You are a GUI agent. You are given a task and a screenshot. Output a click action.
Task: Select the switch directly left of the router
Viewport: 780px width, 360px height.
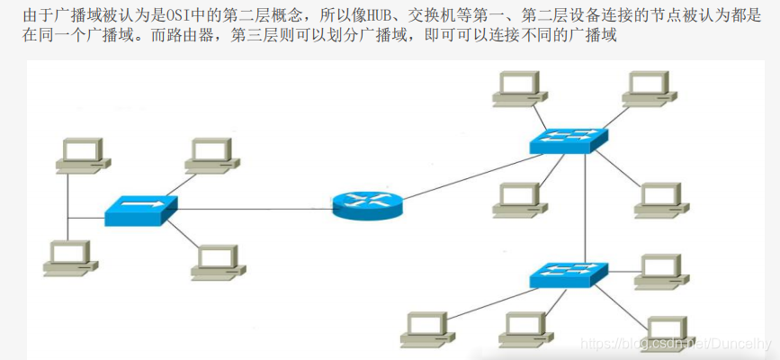coord(140,211)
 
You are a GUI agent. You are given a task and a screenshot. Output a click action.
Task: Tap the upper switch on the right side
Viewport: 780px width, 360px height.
coord(568,140)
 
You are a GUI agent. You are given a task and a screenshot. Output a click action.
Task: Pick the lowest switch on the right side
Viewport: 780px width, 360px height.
coord(568,274)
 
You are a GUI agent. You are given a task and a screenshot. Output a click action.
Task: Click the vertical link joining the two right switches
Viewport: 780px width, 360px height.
coord(586,207)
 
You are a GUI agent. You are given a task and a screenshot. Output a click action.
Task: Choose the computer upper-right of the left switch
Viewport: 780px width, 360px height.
coord(212,155)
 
